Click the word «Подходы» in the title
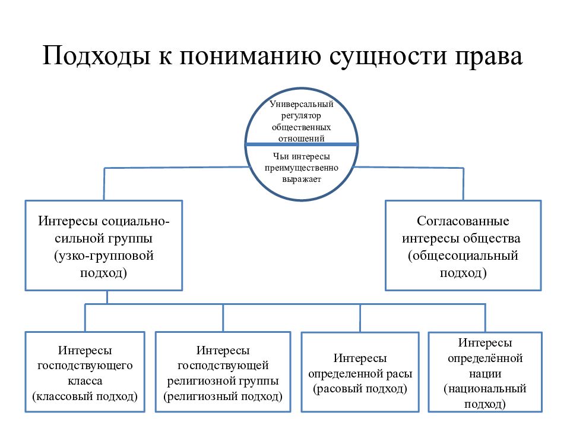[x=96, y=56]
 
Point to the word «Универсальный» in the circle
[x=302, y=104]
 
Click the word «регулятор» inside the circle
[x=302, y=116]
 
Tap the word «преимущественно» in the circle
[x=302, y=168]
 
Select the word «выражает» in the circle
[x=302, y=179]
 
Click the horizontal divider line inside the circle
[x=302, y=144]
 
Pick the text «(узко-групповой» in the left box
[x=104, y=256]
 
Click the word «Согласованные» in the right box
[x=463, y=221]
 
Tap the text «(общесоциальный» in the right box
[x=463, y=256]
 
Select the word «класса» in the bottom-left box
[x=85, y=380]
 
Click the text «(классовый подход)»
[x=85, y=396]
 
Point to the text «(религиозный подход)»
[x=223, y=396]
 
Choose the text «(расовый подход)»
[x=360, y=389]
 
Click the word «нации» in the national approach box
[x=485, y=374]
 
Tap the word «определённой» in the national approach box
[x=485, y=358]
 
